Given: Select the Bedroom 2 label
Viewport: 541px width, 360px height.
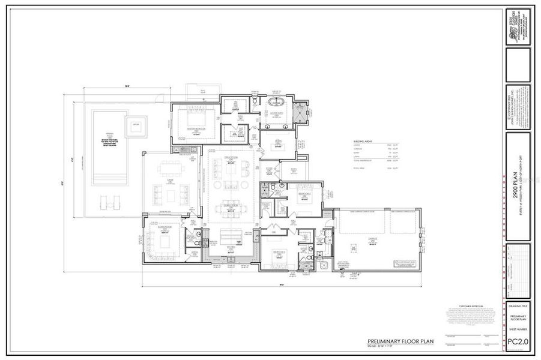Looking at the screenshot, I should coord(303,194).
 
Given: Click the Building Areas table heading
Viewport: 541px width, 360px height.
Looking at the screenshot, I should coord(363,142).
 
